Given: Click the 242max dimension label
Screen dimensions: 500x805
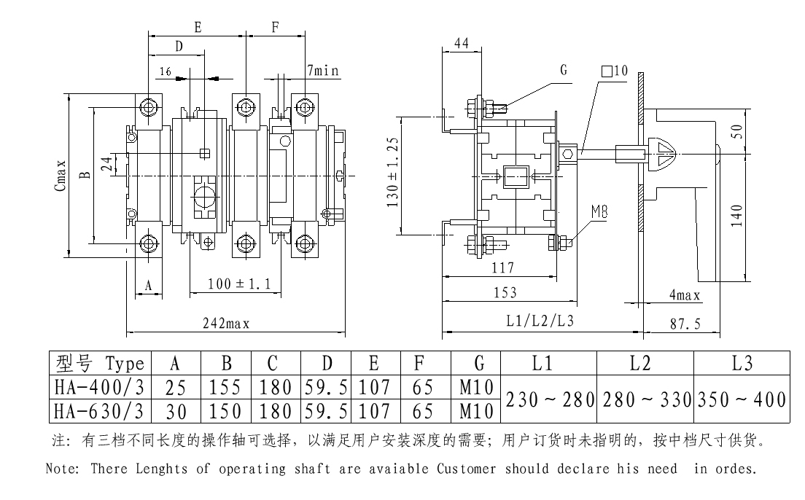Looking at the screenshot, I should point(226,325).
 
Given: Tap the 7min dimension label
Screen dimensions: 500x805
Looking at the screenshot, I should point(323,71).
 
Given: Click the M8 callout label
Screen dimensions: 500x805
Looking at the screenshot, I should point(600,211).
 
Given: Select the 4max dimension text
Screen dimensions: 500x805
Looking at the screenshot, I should point(685,295).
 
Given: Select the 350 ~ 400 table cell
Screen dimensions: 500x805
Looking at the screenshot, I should point(741,399).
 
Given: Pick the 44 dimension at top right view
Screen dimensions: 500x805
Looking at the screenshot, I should point(461,44).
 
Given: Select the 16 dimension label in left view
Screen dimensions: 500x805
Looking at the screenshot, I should point(164,72).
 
